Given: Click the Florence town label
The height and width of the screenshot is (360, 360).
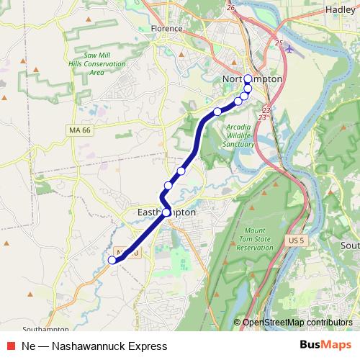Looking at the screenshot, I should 167,29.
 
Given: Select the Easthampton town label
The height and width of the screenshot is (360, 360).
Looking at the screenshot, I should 167,213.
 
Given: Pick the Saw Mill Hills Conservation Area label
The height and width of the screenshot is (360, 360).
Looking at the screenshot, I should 104,64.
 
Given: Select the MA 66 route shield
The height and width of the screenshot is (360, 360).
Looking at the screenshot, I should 81,130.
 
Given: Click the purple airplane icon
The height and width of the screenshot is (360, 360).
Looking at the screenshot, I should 289,50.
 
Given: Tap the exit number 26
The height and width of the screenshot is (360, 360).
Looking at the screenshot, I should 230,8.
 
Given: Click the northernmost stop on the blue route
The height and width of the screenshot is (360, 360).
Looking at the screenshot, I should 248,79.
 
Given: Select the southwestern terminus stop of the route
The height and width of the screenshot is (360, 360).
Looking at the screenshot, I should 112,261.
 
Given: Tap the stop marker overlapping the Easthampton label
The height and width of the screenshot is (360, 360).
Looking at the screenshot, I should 166,212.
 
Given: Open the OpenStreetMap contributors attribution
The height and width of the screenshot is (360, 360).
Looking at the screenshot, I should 297,323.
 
